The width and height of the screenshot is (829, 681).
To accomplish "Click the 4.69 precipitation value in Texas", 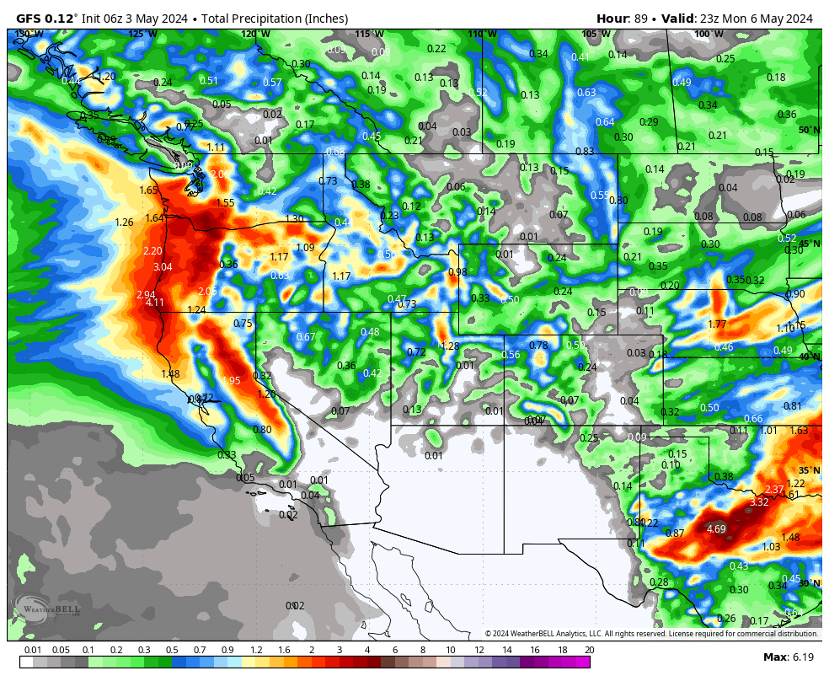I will (x=716, y=529).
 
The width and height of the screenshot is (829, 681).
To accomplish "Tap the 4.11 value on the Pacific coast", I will (x=155, y=303).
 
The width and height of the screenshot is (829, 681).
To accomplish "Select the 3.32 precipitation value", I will (x=758, y=502).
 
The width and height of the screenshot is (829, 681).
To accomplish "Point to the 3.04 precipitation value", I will (x=163, y=267).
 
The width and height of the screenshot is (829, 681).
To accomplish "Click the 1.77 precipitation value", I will (x=717, y=324).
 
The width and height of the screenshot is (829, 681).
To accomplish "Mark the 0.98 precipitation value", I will (x=457, y=272).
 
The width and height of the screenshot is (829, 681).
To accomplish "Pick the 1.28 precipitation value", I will (x=450, y=346).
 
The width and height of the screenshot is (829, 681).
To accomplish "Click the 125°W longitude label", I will (x=142, y=34).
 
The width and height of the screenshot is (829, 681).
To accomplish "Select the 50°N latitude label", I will (x=809, y=130).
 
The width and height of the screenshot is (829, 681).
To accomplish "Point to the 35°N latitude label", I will (x=809, y=470).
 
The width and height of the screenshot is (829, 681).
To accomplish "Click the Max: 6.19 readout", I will (x=788, y=657).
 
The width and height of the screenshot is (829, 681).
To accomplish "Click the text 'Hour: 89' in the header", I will (x=625, y=19).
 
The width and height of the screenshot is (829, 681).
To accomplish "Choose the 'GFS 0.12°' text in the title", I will (x=46, y=19).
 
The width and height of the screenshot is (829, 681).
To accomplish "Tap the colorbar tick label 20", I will (x=589, y=650).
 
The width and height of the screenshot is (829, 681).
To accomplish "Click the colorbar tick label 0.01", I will (x=33, y=650).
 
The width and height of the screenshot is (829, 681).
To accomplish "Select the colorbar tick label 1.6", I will (x=283, y=650).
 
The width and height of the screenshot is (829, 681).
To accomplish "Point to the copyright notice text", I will (x=651, y=634).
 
